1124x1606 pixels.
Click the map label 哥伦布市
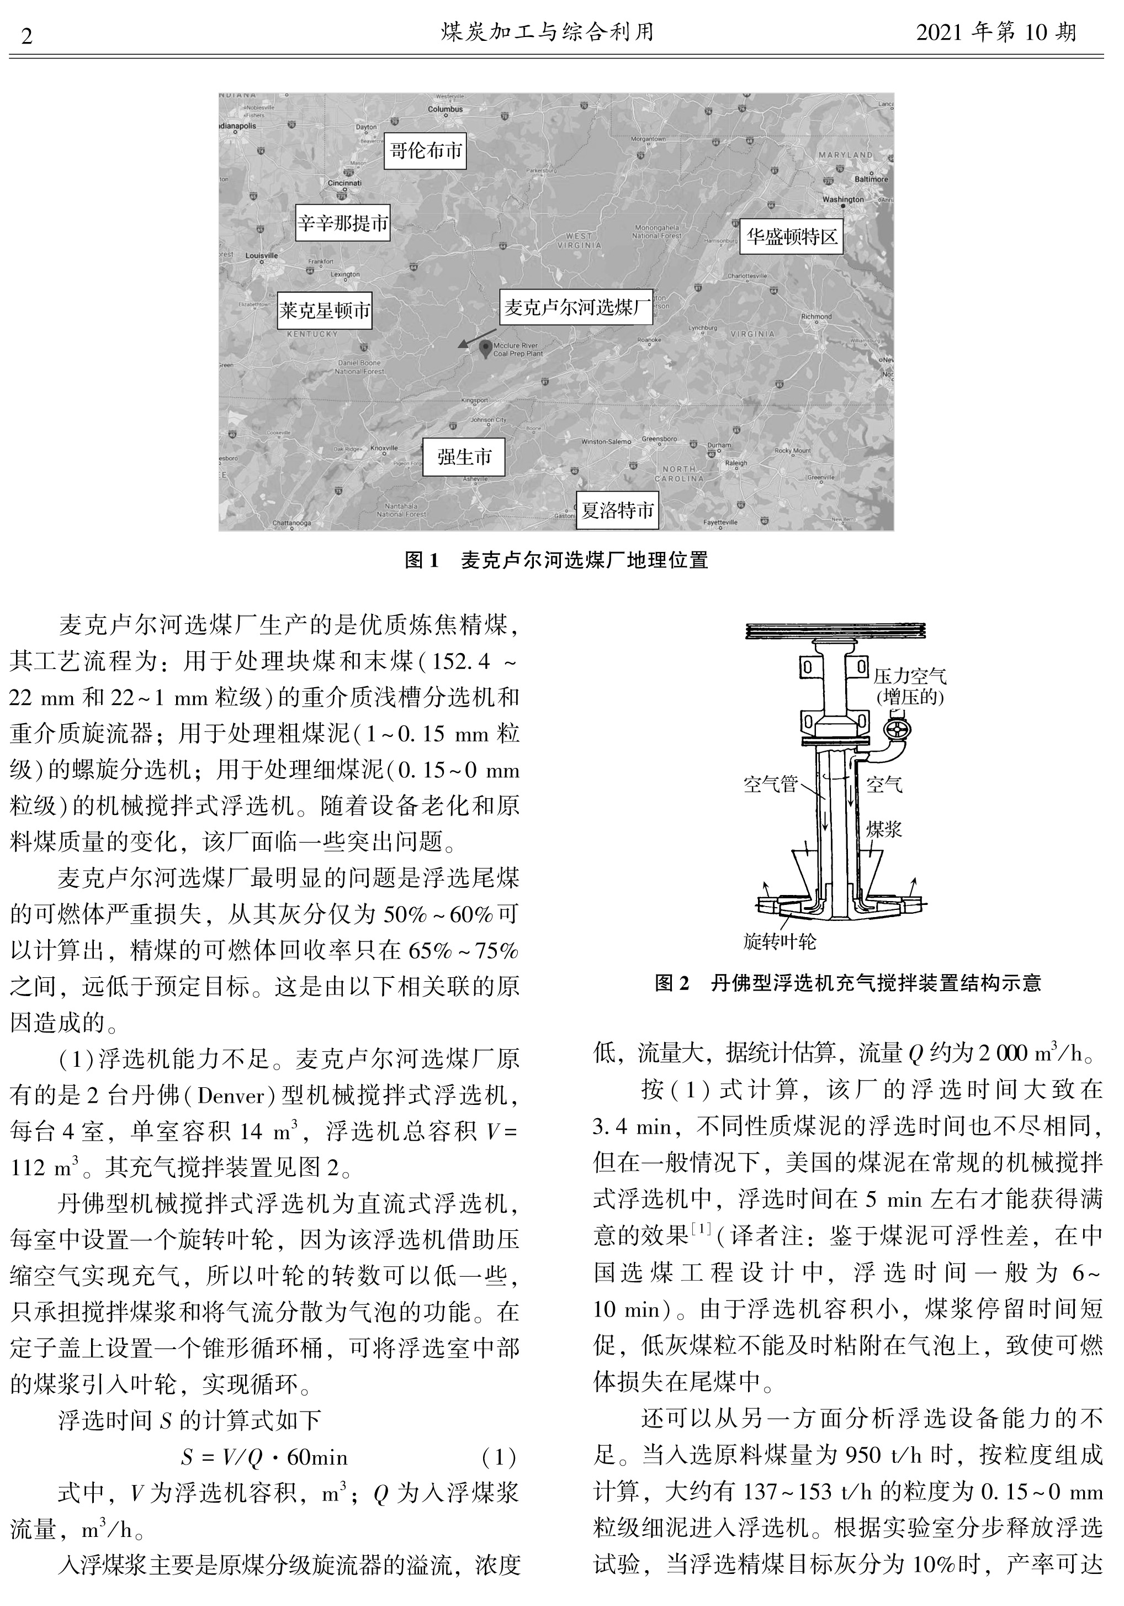425,150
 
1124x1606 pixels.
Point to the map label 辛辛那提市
342,223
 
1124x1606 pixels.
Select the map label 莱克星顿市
325,310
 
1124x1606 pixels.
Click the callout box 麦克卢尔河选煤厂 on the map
577,307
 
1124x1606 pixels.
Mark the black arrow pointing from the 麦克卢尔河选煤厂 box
477,337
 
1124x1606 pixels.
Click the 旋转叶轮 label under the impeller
780,942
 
